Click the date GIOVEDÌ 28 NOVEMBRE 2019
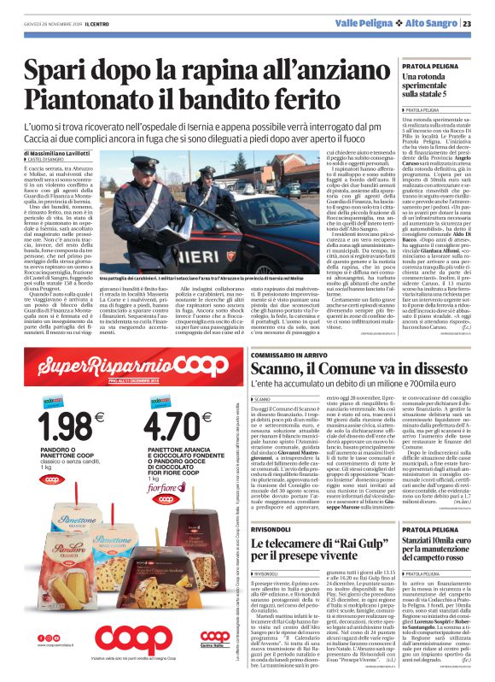pyautogui.click(x=49, y=23)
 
